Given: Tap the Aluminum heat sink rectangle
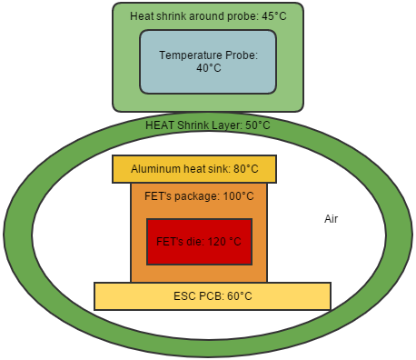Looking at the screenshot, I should click(x=194, y=168).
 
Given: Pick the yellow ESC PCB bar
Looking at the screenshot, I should click(x=213, y=295).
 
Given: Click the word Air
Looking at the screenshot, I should click(x=332, y=219).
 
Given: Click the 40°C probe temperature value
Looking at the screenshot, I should click(x=208, y=68).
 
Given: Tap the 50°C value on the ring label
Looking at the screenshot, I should click(x=257, y=125).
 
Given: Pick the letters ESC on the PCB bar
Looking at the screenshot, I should click(x=183, y=296).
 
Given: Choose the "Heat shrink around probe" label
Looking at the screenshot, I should click(x=192, y=15).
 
